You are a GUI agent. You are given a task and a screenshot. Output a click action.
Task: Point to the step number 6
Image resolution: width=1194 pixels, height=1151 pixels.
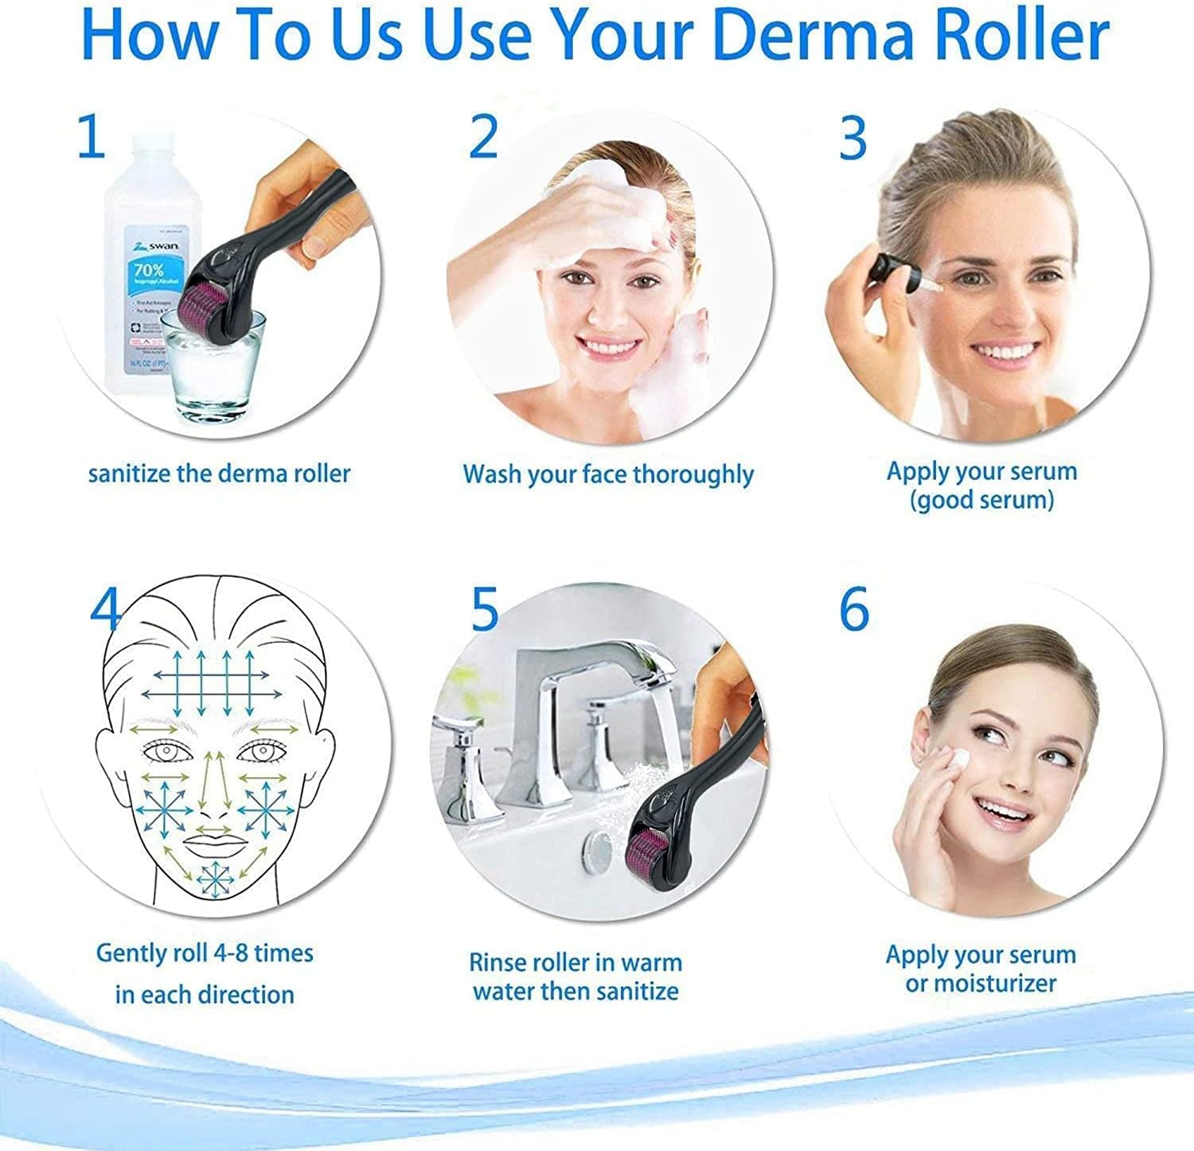click(854, 609)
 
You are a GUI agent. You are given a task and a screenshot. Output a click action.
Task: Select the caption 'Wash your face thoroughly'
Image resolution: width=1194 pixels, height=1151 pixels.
click(608, 474)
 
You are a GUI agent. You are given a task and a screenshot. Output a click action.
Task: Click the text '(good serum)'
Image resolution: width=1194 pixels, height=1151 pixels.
click(981, 500)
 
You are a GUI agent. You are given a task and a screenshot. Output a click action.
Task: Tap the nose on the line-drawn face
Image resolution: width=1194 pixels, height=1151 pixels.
click(212, 796)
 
